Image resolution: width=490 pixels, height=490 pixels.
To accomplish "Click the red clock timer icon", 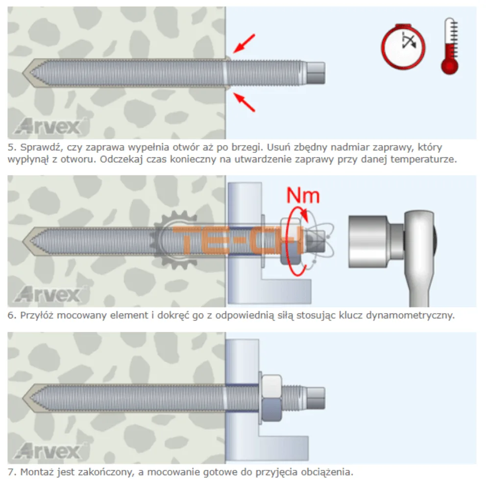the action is (403, 47).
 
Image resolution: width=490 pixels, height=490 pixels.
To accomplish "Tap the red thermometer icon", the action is (450, 46).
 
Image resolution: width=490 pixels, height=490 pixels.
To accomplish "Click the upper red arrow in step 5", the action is (245, 43).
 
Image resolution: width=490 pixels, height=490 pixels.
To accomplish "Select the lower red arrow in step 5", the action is (245, 102).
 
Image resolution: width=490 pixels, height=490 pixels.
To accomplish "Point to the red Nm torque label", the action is (303, 196).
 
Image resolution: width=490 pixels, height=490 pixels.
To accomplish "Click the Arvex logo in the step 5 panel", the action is (49, 126).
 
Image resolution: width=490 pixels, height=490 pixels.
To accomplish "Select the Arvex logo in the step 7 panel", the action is (49, 451).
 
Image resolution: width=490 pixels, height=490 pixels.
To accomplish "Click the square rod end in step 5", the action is (316, 73).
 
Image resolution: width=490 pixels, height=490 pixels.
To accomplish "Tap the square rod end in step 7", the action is (316, 398).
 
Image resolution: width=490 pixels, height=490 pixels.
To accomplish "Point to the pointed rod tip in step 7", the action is (24, 398).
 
